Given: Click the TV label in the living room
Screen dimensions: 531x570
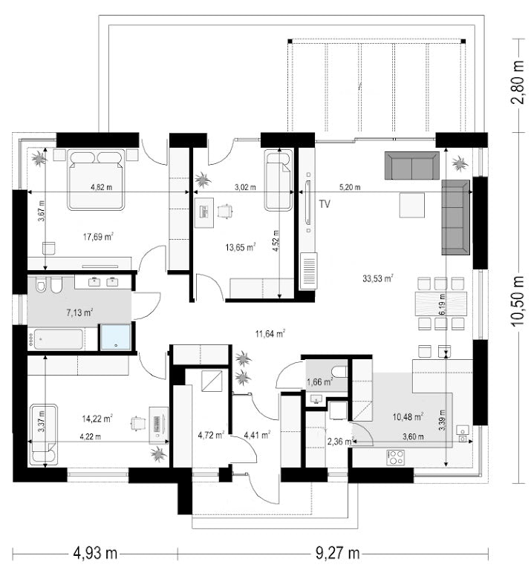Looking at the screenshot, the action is click(325, 204).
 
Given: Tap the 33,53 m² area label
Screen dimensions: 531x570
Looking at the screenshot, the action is click(378, 278).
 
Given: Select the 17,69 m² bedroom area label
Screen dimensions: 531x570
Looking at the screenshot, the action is click(98, 237).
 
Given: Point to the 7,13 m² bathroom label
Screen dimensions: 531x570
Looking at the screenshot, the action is click(79, 312).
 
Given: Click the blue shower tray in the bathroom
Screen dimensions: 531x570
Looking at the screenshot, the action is click(116, 337).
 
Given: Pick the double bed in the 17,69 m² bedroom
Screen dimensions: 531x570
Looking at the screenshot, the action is click(96, 180).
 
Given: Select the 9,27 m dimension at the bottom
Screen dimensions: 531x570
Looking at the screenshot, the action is click(338, 553).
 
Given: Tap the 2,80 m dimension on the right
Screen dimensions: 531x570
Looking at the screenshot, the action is click(518, 82).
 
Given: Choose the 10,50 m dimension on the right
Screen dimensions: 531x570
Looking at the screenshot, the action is click(518, 301).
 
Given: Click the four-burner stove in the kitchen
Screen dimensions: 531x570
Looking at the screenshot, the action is click(395, 457).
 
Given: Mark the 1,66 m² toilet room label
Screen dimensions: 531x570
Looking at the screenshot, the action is click(320, 381).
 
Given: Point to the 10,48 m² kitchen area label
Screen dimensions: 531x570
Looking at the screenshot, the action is click(408, 416).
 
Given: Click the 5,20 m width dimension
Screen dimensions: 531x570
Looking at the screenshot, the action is click(350, 188).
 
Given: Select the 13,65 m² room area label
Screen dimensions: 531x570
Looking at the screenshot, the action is click(241, 248).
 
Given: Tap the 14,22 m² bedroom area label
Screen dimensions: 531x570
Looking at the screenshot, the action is click(97, 419).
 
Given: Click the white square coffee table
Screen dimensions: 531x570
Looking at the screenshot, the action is click(412, 206).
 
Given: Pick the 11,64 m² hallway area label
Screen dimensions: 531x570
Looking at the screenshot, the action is click(270, 333).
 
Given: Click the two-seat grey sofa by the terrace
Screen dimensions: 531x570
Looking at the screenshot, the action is click(412, 166).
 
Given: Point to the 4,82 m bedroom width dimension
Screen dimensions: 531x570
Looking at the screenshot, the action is click(102, 188).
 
